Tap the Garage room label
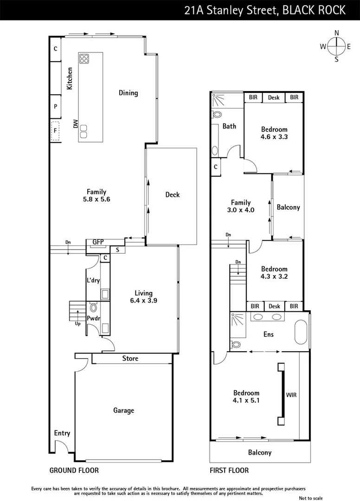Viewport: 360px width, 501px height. [x=124, y=410]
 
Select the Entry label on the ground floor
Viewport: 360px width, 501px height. [x=62, y=433]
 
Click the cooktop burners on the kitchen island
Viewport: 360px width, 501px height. [x=84, y=58]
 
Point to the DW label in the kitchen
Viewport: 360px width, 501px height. [x=75, y=124]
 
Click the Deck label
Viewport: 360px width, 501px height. [x=172, y=195]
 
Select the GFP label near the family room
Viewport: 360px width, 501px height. [x=98, y=242]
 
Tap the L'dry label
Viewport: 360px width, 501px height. [x=93, y=281]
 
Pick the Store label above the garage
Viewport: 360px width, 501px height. [x=130, y=358]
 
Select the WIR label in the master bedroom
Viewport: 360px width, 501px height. [x=291, y=395]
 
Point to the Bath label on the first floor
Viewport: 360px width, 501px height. [x=229, y=126]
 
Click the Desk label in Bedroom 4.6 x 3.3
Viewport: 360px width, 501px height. [x=274, y=97]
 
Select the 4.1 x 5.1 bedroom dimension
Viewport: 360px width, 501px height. [x=246, y=400]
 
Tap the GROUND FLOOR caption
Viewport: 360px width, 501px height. [x=74, y=470]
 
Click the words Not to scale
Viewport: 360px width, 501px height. [x=311, y=498]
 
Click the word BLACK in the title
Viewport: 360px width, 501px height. [x=299, y=10]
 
